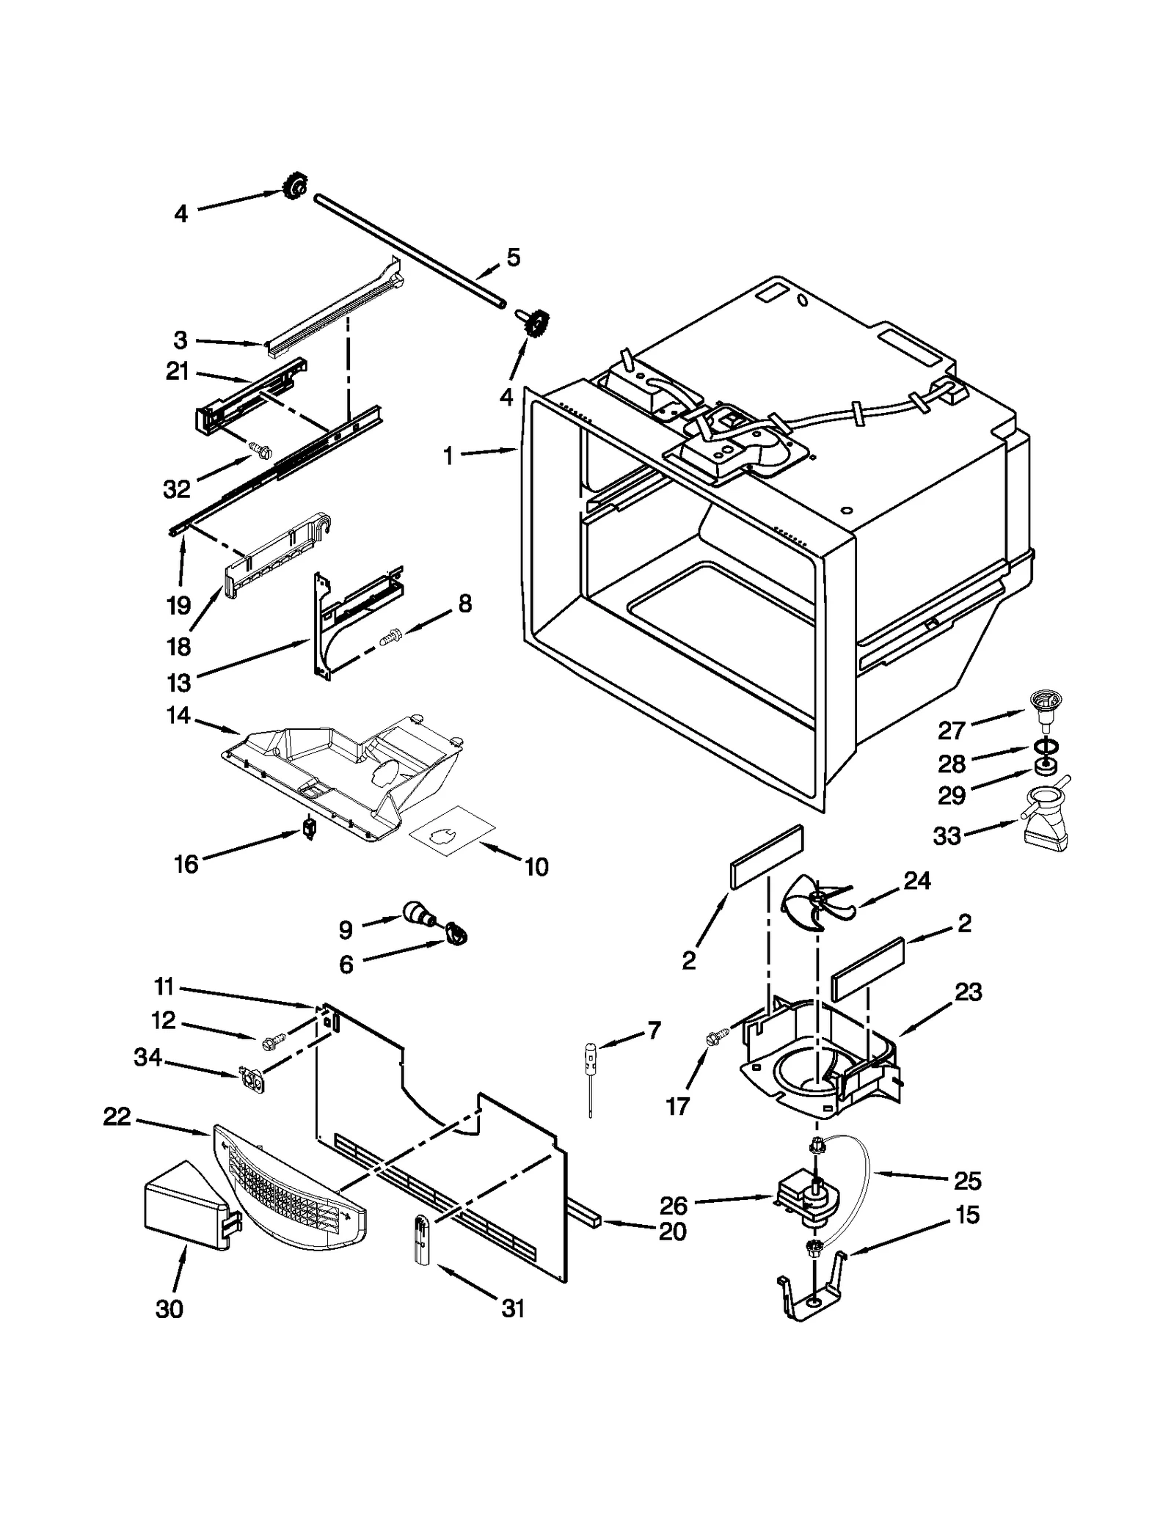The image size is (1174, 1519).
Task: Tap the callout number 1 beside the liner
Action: pos(448,456)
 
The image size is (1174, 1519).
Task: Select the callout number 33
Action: pos(947,836)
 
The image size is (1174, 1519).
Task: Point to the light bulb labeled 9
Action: pos(419,915)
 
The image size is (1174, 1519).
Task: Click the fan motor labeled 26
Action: pos(808,1199)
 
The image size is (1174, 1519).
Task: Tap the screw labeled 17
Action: pos(715,1039)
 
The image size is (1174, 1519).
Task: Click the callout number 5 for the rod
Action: pos(514,257)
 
